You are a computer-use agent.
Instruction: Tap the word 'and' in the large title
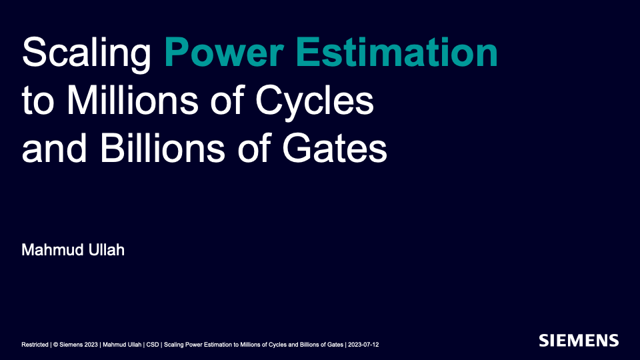point(52,149)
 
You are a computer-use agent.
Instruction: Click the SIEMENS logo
point(579,340)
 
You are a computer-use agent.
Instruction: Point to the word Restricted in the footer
point(35,345)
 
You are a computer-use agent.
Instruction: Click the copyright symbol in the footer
point(55,345)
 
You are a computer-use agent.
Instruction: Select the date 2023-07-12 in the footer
point(364,345)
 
